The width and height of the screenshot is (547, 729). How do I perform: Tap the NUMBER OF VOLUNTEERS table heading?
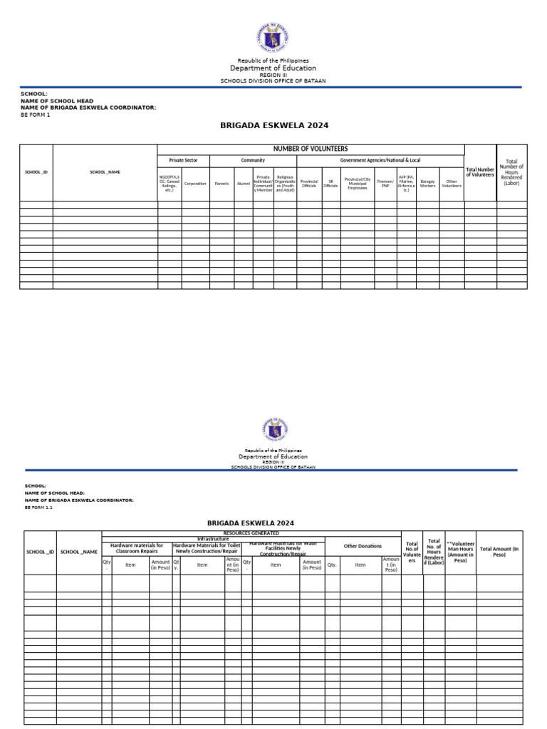pyautogui.click(x=311, y=149)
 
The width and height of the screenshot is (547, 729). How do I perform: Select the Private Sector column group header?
pyautogui.click(x=183, y=161)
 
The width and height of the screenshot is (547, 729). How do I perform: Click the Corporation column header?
pyautogui.click(x=195, y=184)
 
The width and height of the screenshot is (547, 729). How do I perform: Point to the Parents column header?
pyautogui.click(x=222, y=184)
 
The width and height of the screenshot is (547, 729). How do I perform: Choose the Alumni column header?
pyautogui.click(x=244, y=184)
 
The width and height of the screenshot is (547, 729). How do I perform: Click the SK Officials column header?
pyautogui.click(x=330, y=184)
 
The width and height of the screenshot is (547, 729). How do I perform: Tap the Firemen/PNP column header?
pyautogui.click(x=385, y=184)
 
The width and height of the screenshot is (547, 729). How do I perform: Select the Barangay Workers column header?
pyautogui.click(x=427, y=184)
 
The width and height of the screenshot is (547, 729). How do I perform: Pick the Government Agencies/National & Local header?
pyautogui.click(x=380, y=161)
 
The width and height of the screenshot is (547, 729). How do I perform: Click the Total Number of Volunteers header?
pyautogui.click(x=480, y=172)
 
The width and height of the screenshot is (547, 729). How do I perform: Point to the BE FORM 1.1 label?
pyautogui.click(x=38, y=508)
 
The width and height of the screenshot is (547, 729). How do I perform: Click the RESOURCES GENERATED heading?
pyautogui.click(x=251, y=533)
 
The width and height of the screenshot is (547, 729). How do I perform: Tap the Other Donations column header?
pyautogui.click(x=363, y=546)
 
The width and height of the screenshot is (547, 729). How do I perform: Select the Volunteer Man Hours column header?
pyautogui.click(x=461, y=552)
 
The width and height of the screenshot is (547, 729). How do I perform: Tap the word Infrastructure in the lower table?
pyautogui.click(x=213, y=539)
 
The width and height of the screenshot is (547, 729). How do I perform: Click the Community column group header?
pyautogui.click(x=253, y=161)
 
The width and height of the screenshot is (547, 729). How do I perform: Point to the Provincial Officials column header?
pyautogui.click(x=309, y=184)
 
